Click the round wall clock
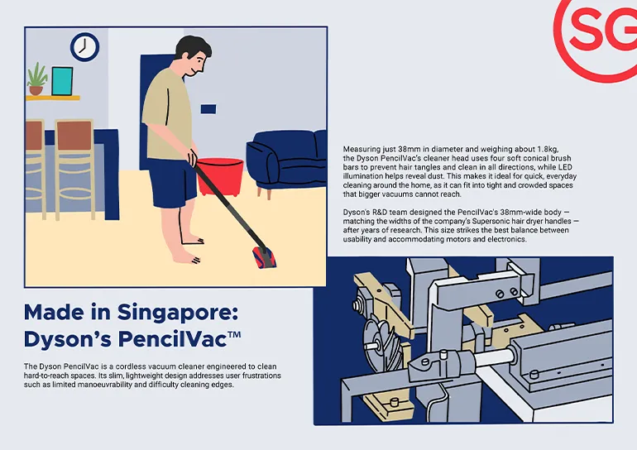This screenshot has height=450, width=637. point(84,47)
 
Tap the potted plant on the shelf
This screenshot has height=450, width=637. point(36,79)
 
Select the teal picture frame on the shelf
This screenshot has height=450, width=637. point(62,81)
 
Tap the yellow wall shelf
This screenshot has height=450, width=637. point(52,98)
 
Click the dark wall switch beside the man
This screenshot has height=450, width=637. point(208,108)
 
